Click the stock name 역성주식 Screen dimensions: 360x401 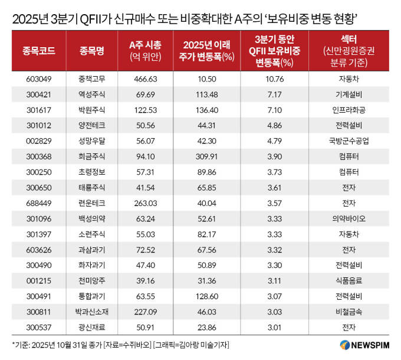91,94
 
